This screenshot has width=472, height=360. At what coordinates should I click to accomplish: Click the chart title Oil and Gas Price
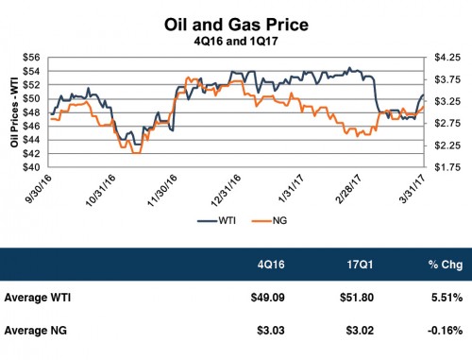tap(236, 22)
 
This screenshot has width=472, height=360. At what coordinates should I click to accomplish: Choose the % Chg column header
tap(442, 262)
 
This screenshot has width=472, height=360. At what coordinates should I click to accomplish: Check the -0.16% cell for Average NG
tap(442, 332)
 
